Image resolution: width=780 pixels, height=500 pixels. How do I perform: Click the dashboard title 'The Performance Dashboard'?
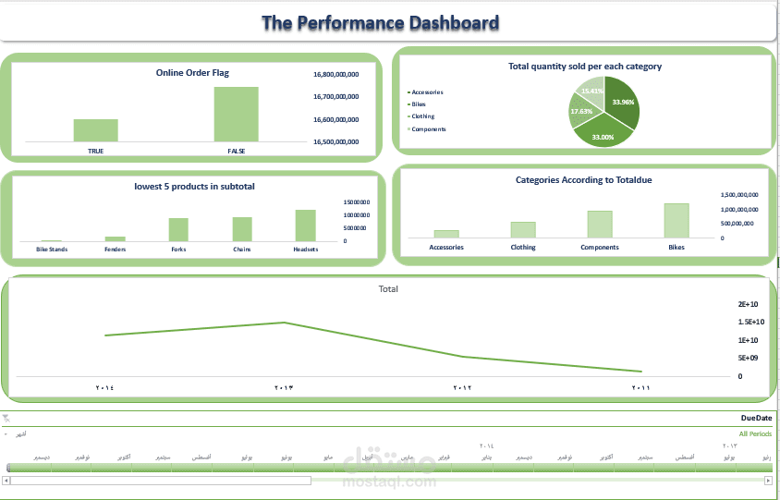click(x=380, y=23)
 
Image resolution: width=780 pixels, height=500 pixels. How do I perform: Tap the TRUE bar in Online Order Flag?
click(x=96, y=130)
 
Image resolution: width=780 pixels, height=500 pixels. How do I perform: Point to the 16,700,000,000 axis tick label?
click(x=335, y=96)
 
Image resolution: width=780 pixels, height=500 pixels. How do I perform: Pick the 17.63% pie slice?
click(x=581, y=112)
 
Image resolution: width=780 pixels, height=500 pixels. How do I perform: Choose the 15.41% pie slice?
click(x=591, y=91)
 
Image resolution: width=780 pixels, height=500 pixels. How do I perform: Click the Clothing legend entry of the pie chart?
click(x=424, y=116)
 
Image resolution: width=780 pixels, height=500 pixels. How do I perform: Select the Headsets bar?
click(x=306, y=226)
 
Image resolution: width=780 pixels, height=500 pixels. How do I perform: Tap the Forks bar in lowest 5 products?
click(x=178, y=229)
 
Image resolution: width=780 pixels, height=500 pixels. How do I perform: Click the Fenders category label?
click(x=116, y=250)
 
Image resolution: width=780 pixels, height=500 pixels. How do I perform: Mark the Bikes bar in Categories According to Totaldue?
click(x=676, y=221)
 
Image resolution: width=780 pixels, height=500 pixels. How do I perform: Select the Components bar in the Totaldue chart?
click(x=600, y=225)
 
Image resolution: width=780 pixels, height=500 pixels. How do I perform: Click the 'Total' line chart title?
click(x=388, y=289)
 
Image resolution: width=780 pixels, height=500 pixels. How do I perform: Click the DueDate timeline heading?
click(x=755, y=419)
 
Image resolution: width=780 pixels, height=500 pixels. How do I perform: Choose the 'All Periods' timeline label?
click(x=755, y=433)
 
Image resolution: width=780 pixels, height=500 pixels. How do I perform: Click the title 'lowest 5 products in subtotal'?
click(x=194, y=186)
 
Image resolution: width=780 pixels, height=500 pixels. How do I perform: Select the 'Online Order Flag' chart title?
click(x=192, y=72)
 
